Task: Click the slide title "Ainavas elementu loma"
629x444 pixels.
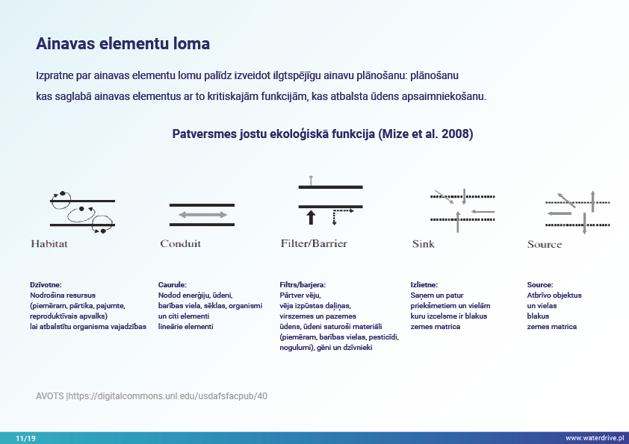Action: (123, 43)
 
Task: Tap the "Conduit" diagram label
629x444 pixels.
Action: (180, 243)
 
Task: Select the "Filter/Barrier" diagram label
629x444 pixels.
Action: (314, 243)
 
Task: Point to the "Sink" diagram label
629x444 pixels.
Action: (423, 243)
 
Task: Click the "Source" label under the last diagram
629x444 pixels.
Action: (544, 244)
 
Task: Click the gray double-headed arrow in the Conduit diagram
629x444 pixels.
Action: (202, 215)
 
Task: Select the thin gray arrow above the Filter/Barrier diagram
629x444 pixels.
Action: (311, 179)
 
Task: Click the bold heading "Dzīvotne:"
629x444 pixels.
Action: (46, 285)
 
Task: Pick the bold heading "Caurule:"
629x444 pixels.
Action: (172, 285)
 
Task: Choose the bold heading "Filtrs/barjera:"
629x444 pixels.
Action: (303, 285)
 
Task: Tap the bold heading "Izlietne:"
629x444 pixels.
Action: (424, 285)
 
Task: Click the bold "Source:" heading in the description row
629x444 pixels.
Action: (540, 285)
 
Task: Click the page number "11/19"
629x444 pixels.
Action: (25, 438)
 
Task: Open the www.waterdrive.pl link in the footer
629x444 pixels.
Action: (594, 438)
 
